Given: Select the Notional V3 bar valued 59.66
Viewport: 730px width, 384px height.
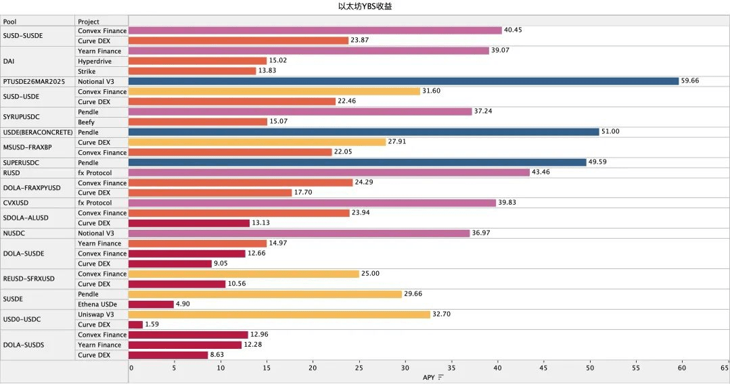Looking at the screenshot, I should [403, 81].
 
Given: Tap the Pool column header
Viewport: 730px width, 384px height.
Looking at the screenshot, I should [10, 22].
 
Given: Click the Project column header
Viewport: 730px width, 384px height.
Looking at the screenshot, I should [89, 22].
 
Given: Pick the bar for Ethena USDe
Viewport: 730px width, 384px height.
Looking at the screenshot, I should [151, 304].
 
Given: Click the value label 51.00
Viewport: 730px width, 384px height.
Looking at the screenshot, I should [611, 132].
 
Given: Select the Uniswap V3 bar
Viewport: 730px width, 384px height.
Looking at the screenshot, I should [279, 314].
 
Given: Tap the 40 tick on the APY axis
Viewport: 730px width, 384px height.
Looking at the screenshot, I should [498, 368].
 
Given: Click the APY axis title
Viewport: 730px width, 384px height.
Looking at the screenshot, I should [429, 377].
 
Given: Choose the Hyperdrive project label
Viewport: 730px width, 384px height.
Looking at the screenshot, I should [95, 61].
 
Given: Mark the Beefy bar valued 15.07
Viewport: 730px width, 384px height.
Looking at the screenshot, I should [198, 122].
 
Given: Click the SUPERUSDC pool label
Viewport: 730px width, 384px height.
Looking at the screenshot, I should [21, 162].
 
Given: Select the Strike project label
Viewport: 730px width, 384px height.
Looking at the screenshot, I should [87, 71].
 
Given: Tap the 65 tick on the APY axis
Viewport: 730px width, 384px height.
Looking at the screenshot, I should [725, 368].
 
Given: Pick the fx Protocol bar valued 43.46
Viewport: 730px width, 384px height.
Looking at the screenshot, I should [329, 172].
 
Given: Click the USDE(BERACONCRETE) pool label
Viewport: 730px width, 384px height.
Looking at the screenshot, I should [38, 132].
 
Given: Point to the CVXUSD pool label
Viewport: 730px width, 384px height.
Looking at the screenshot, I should [17, 203].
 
